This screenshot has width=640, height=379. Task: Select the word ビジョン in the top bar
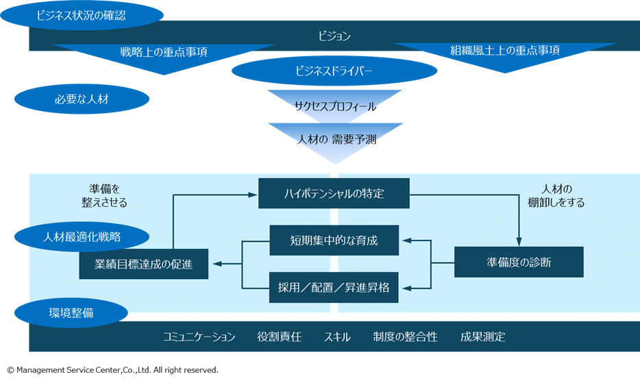pyautogui.click(x=334, y=36)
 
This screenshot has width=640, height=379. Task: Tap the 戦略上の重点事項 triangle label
pyautogui.click(x=164, y=51)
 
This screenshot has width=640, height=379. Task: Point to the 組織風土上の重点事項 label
pyautogui.click(x=505, y=51)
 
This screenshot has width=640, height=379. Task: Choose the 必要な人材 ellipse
pyautogui.click(x=82, y=99)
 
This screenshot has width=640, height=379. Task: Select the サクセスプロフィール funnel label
pyautogui.click(x=335, y=107)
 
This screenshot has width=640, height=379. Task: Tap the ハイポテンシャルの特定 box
pyautogui.click(x=334, y=193)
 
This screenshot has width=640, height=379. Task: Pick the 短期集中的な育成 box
pyautogui.click(x=334, y=241)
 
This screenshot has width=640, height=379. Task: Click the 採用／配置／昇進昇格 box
pyautogui.click(x=334, y=287)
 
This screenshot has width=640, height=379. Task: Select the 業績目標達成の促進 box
pyautogui.click(x=144, y=264)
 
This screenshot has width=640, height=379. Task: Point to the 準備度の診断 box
pyautogui.click(x=519, y=262)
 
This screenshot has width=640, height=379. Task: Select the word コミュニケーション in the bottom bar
pyautogui.click(x=199, y=337)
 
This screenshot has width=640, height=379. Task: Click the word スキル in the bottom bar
pyautogui.click(x=337, y=337)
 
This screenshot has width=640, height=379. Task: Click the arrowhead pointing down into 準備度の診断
pyautogui.click(x=519, y=242)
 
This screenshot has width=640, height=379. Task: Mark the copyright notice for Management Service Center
pyautogui.click(x=112, y=370)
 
